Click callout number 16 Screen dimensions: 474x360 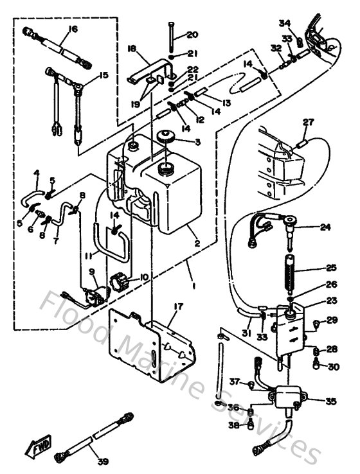click(x=72, y=29)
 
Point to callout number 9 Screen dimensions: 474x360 click(x=92, y=272)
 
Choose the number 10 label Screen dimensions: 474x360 click(x=143, y=277)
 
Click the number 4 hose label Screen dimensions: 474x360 click(x=37, y=172)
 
